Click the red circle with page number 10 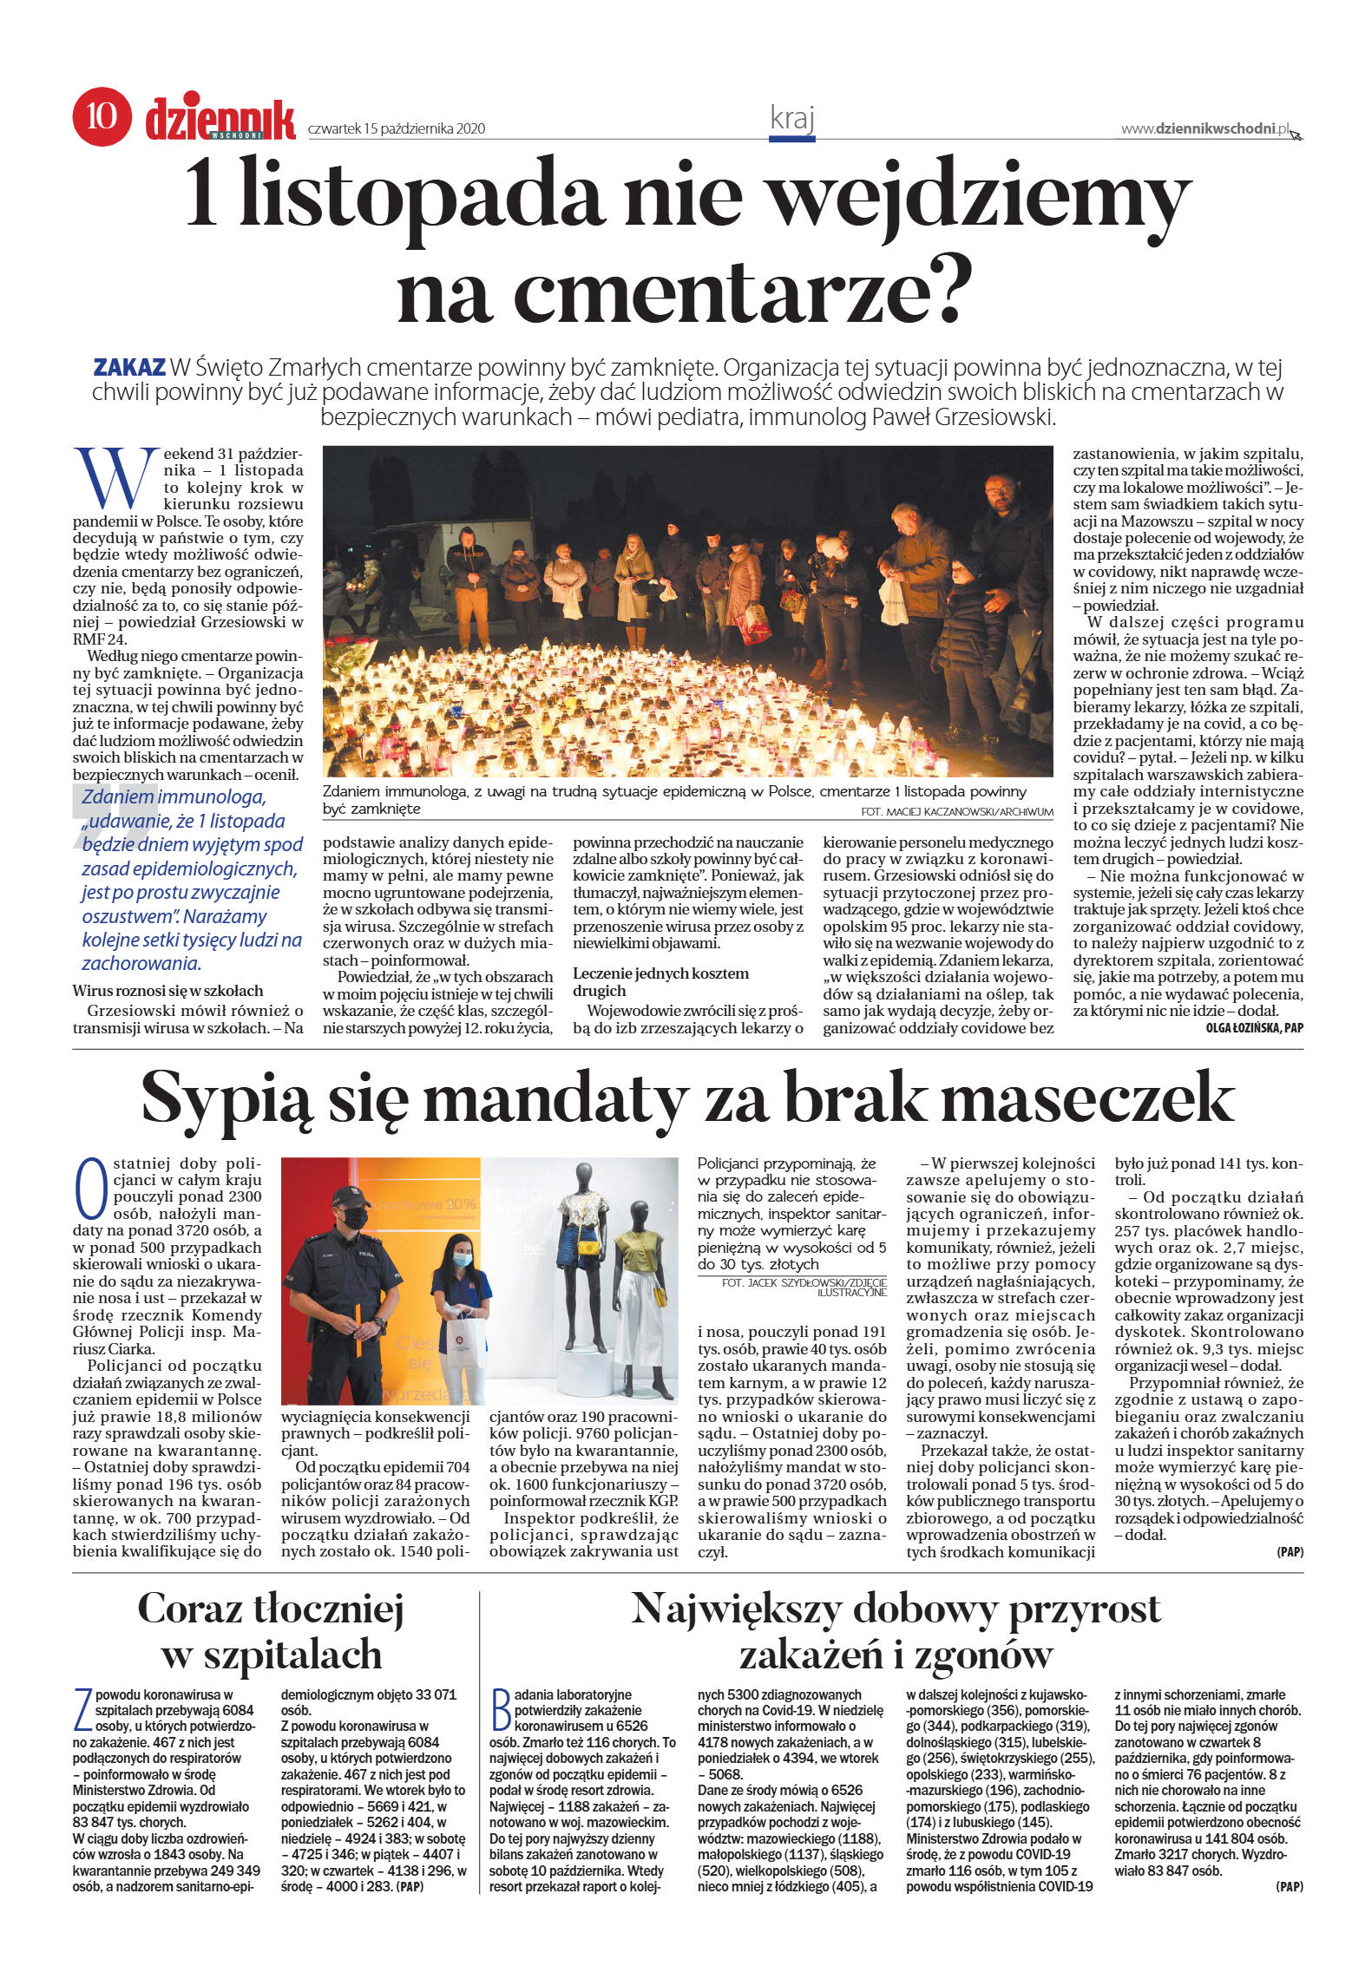pyautogui.click(x=102, y=115)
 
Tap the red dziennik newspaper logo pyautogui.click(x=220, y=120)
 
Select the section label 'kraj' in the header pyautogui.click(x=791, y=119)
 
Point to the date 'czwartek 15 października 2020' pyautogui.click(x=396, y=129)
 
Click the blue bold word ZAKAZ pyautogui.click(x=128, y=367)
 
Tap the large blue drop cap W pyautogui.click(x=115, y=478)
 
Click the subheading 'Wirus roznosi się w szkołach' pyautogui.click(x=167, y=991)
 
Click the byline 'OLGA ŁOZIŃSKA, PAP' pyautogui.click(x=1254, y=1028)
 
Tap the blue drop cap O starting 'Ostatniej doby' pyautogui.click(x=91, y=1189)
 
